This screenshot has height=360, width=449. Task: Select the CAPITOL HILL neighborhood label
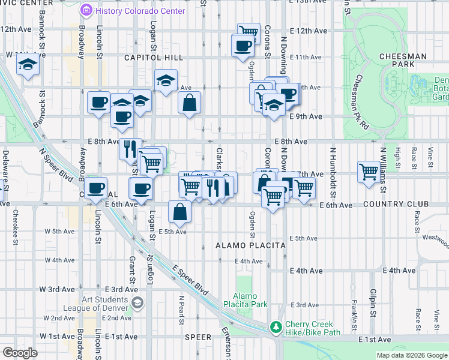pyautogui.click(x=153, y=58)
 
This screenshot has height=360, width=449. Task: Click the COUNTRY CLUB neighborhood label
pyautogui.click(x=396, y=205)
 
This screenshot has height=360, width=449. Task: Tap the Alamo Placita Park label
pyautogui.click(x=250, y=301)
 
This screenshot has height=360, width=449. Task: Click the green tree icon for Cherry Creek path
pyautogui.click(x=276, y=327)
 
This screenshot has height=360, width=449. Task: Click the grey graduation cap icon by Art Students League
pyautogui.click(x=138, y=303)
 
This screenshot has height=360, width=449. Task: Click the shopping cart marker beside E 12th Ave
pyautogui.click(x=248, y=31)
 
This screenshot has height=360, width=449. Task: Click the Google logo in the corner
pyautogui.click(x=20, y=352)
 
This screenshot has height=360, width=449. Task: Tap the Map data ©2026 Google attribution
pyautogui.click(x=411, y=355)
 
